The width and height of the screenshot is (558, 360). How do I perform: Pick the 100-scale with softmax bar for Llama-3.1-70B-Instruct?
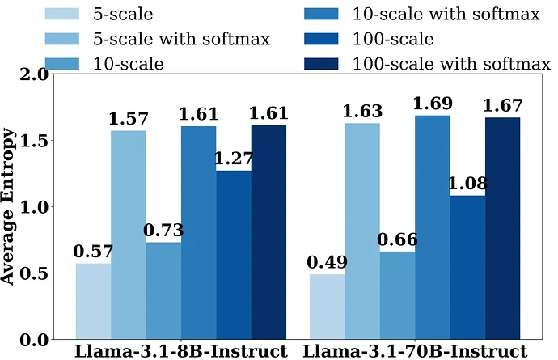pyautogui.click(x=503, y=227)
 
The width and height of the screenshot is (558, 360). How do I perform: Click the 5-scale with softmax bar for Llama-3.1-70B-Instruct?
pyautogui.click(x=362, y=231)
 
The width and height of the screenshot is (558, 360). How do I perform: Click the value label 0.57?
pyautogui.click(x=93, y=252)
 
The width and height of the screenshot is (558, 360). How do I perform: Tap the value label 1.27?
pyautogui.click(x=234, y=159)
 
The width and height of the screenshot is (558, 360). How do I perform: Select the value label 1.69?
pyautogui.click(x=433, y=104)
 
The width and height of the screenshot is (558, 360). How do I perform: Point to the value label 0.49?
pyautogui.click(x=327, y=262)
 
